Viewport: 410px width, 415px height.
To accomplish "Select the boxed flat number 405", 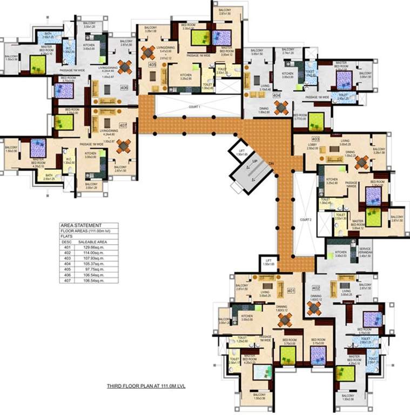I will (x=152, y=65).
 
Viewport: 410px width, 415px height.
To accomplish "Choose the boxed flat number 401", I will (x=291, y=291).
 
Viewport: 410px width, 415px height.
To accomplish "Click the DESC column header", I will (x=67, y=242).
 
